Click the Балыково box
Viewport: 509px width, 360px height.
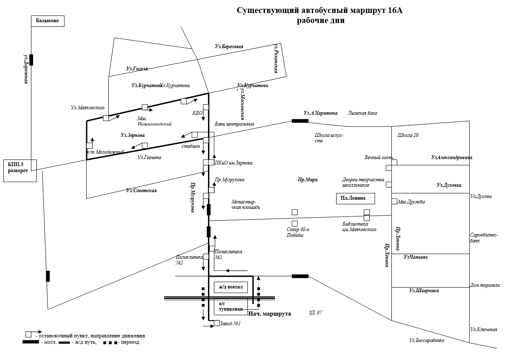(48, 21)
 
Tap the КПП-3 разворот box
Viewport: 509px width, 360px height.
(20, 170)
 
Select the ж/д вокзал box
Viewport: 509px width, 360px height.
(231, 287)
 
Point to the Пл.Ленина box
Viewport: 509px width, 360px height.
(355, 198)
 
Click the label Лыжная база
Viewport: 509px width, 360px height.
(362, 113)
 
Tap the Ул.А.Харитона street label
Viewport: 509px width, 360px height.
(321, 113)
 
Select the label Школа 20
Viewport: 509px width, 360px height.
(408, 135)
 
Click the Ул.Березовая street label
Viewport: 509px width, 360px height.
(229, 47)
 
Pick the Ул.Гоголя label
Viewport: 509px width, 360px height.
(137, 69)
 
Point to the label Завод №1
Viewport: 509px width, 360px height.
(230, 323)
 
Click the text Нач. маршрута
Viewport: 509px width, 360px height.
(270, 314)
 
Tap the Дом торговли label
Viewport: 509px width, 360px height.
(485, 285)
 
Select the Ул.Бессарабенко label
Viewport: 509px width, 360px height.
(427, 340)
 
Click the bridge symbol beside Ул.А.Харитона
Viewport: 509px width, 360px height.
(300, 121)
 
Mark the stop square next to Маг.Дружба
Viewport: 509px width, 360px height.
(394, 201)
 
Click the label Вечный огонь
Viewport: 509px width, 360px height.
(378, 157)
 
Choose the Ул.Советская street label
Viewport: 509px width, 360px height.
(141, 190)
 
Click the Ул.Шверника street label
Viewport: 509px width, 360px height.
(424, 291)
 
